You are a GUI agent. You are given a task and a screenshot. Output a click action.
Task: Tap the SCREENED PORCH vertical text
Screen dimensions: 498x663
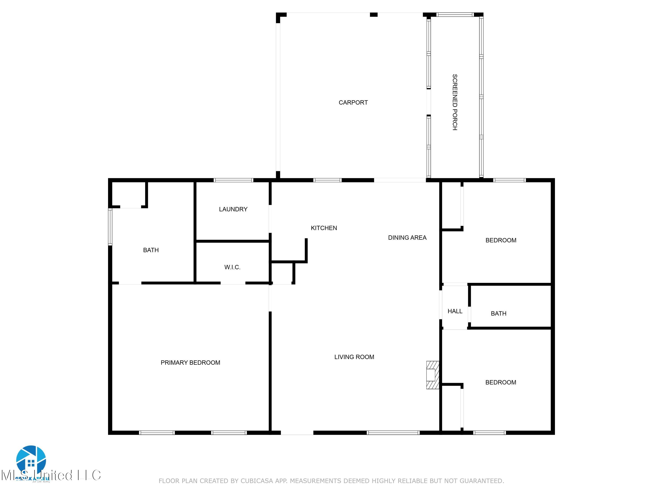(455, 102)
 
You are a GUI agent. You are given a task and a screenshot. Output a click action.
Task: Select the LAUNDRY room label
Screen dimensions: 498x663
(233, 209)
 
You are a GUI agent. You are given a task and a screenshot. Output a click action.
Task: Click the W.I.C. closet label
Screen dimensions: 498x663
(232, 267)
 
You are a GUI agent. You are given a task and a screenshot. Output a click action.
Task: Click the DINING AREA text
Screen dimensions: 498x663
(407, 238)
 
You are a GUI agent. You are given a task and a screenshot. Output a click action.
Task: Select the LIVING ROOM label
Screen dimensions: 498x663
(354, 357)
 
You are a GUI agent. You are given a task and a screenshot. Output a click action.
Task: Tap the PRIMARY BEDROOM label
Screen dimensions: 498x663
(190, 363)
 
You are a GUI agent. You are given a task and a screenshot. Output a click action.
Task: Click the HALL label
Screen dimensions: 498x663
(455, 311)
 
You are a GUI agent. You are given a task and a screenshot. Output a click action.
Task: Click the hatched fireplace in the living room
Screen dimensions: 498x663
(432, 375)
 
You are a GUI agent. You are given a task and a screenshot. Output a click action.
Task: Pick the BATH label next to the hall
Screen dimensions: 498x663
(498, 313)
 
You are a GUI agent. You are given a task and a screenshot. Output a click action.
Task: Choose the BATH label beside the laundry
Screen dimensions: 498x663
(151, 250)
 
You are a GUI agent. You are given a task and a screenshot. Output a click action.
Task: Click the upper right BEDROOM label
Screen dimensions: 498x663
(501, 240)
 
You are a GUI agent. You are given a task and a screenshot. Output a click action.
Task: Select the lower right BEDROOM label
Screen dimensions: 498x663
(501, 382)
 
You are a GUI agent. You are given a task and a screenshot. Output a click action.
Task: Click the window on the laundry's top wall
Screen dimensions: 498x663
(233, 180)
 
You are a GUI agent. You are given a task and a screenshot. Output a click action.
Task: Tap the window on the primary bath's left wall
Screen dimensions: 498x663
(110, 227)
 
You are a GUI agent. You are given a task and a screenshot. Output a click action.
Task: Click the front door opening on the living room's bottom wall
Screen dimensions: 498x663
(297, 432)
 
